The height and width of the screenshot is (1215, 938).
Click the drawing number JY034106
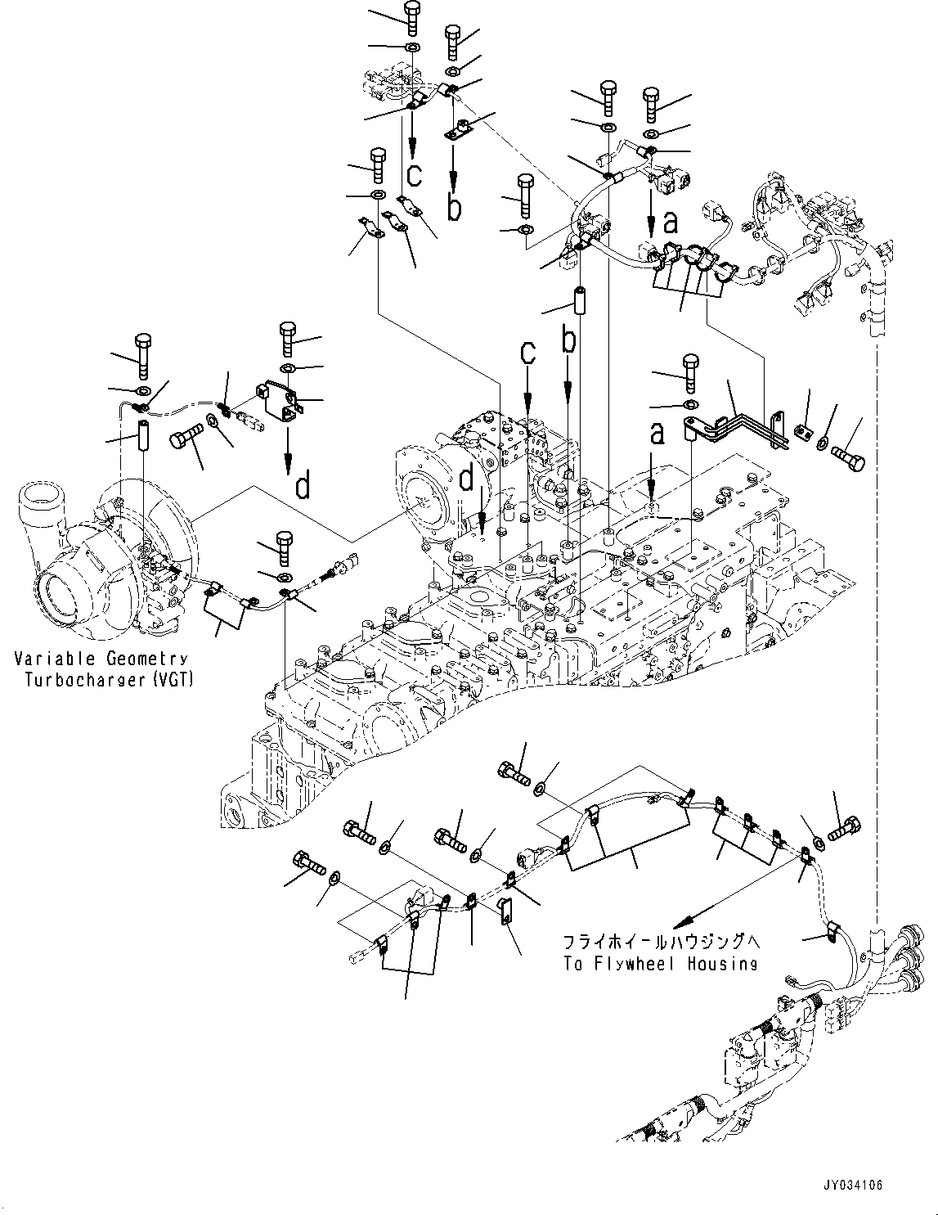click(852, 1185)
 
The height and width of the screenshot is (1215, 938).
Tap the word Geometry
click(147, 659)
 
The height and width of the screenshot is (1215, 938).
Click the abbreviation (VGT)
click(173, 681)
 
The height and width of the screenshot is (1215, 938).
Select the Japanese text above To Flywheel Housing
click(660, 943)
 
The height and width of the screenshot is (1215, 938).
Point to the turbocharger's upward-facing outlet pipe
click(40, 502)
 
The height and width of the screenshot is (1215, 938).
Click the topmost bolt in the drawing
click(412, 18)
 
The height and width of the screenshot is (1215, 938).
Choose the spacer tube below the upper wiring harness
click(580, 301)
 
